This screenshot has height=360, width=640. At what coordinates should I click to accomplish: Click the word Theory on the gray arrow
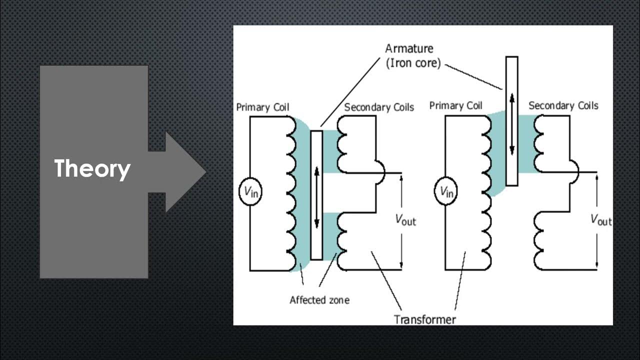92,169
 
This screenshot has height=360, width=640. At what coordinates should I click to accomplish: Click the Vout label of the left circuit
405,219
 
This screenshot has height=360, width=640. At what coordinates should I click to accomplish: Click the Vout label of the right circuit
600,219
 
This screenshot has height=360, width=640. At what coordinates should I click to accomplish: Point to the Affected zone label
319,300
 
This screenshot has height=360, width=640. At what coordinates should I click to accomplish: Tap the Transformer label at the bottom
424,319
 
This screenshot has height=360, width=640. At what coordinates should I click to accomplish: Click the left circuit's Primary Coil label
262,107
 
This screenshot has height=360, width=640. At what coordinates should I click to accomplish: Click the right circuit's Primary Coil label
456,105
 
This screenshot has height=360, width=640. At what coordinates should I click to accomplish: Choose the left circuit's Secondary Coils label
379,107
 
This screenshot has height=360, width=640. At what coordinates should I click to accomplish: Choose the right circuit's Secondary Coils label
563,105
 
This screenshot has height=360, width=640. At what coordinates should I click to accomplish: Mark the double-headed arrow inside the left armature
316,196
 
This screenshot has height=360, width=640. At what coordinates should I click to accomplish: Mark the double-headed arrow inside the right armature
511,123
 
